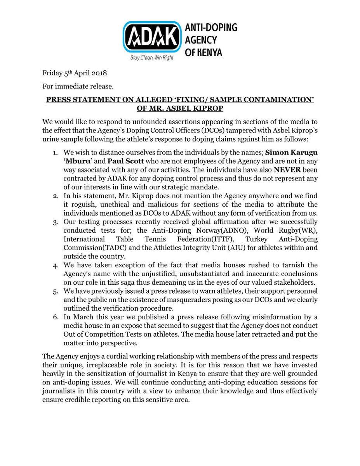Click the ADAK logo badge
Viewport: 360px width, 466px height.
point(152,37)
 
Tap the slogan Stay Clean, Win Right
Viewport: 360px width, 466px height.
point(151,57)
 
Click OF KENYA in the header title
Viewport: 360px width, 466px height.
point(203,51)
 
